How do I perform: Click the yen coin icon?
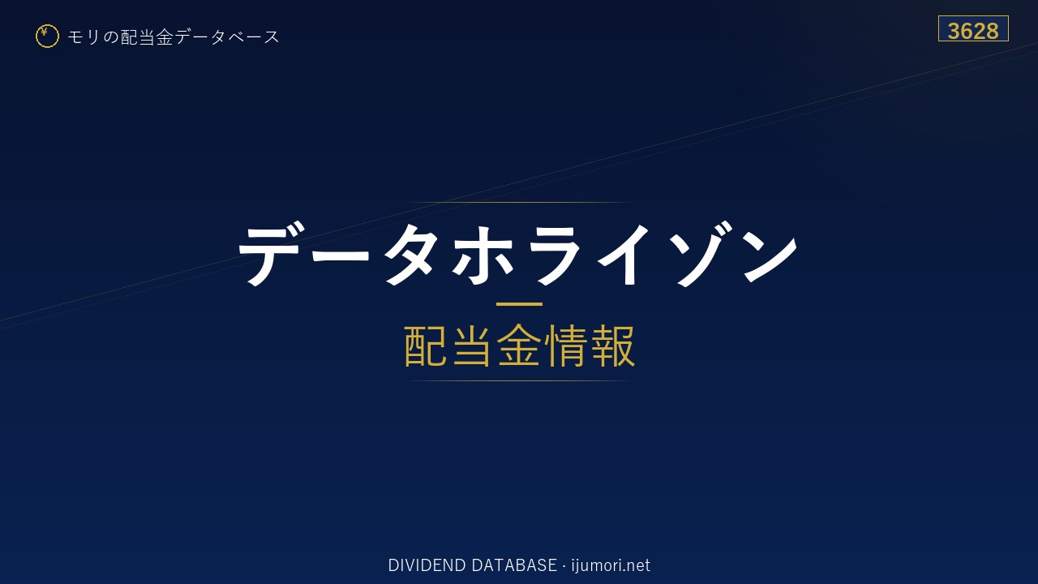(47, 36)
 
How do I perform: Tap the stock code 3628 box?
(973, 28)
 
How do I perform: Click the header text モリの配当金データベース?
(174, 36)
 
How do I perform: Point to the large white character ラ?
(554, 255)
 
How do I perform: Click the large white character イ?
(624, 255)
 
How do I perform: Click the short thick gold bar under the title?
(519, 304)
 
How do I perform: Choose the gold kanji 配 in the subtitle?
(426, 346)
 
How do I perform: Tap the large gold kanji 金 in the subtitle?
(519, 346)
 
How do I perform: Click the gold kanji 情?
(566, 346)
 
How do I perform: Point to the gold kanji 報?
(612, 346)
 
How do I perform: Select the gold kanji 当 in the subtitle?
(472, 346)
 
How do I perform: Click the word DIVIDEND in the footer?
(427, 565)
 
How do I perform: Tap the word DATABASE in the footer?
(514, 565)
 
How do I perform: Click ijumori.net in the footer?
(611, 566)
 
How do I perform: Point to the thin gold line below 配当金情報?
(519, 381)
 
